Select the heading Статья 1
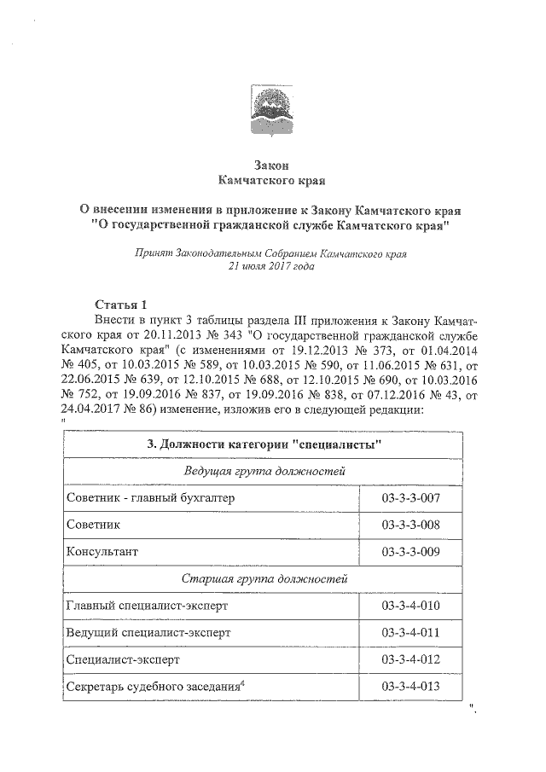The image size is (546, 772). (121, 304)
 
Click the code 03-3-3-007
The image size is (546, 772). (411, 497)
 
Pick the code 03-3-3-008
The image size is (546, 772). (411, 524)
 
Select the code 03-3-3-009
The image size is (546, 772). (411, 551)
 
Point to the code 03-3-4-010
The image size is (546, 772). (411, 606)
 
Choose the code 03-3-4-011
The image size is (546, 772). (411, 632)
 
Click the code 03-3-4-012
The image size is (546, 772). (411, 659)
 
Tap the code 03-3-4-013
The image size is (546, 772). (411, 687)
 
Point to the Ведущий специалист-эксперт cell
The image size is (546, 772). (148, 632)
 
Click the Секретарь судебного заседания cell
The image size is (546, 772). (154, 687)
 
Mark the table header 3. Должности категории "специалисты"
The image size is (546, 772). (264, 444)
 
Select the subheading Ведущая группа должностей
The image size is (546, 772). (264, 471)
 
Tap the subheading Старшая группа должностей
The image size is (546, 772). (264, 578)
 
